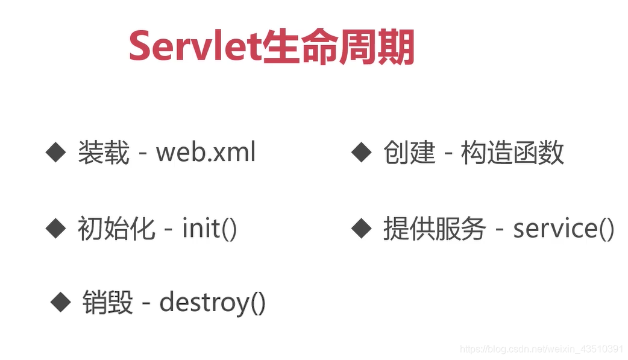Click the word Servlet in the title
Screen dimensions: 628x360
195,46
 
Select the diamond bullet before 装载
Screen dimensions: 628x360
55,153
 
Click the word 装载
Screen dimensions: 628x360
104,153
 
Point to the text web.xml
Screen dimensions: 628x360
206,152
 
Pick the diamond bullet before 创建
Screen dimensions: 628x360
361,153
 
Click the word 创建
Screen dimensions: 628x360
409,153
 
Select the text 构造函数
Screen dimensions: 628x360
513,153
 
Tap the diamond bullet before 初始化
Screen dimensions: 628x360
55,229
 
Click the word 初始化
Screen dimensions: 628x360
116,229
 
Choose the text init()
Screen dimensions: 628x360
210,229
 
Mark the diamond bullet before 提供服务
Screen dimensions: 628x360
361,229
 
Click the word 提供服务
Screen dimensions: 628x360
435,229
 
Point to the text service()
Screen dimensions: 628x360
564,229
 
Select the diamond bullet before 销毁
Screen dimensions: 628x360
60,302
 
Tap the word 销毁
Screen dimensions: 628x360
108,302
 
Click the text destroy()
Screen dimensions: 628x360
212,303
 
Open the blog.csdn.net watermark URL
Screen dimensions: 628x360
541,349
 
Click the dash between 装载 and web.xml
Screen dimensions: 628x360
143,154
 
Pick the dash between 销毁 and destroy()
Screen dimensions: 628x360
146,305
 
